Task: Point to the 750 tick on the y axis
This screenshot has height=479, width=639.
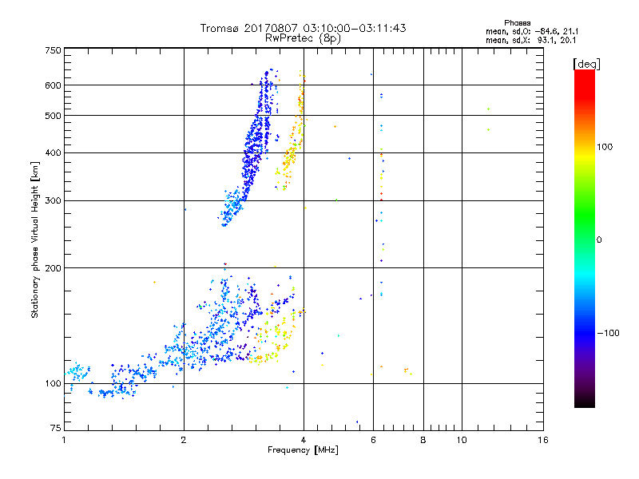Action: pos(54,50)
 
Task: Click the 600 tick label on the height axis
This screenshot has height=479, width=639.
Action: pos(54,85)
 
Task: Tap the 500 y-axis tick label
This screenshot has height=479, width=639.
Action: pos(54,116)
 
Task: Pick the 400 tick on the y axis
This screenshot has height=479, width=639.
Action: pos(54,152)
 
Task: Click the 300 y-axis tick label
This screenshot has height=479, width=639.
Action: pos(54,200)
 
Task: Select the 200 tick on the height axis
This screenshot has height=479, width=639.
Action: pos(54,267)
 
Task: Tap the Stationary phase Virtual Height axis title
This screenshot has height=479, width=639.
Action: pos(35,239)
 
